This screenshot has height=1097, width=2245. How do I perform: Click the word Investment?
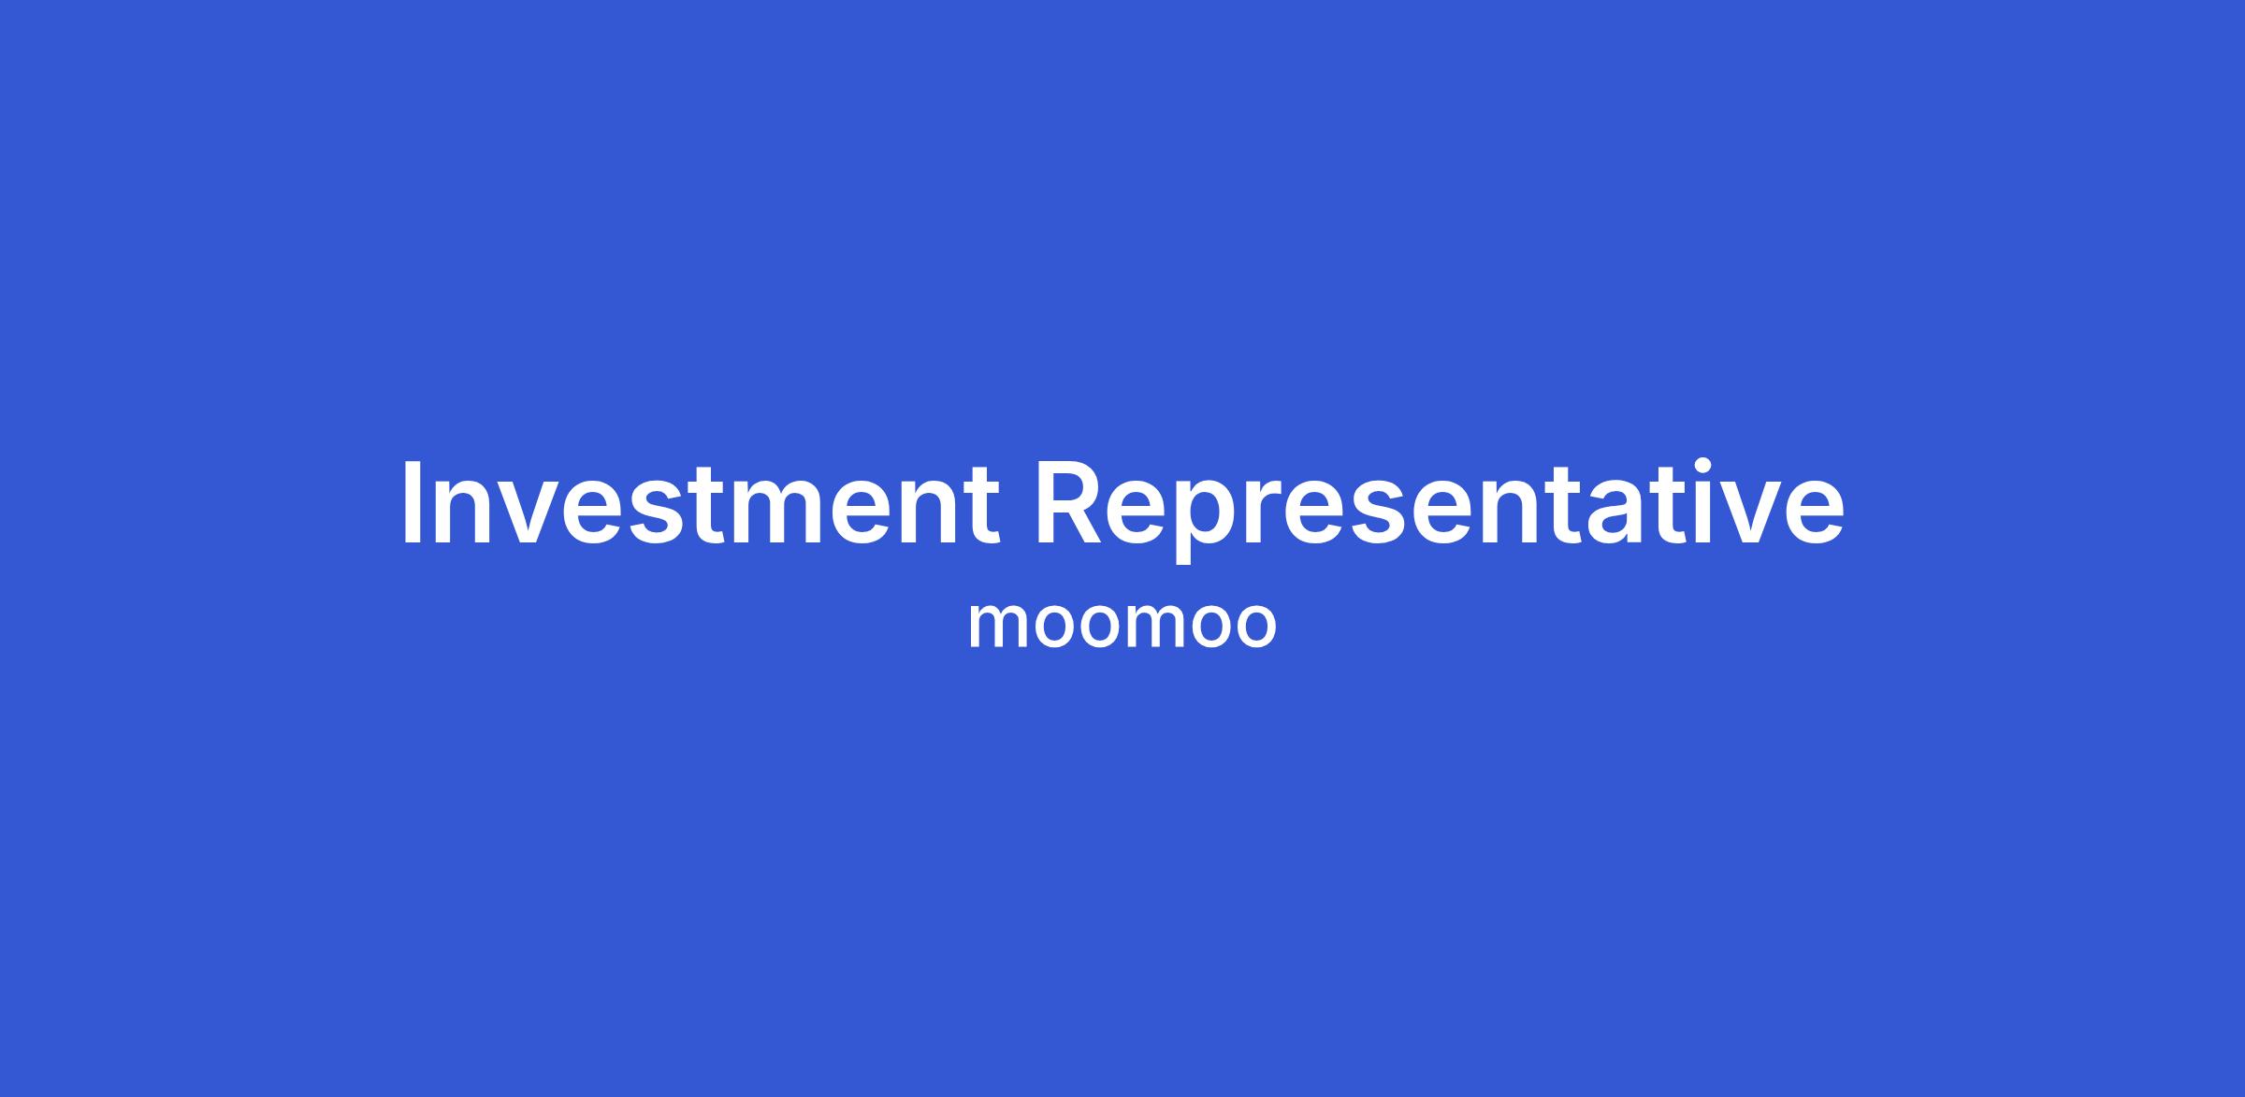[701, 503]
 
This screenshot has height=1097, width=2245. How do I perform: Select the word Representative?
[1440, 511]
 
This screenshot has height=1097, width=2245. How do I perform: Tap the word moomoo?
[1122, 624]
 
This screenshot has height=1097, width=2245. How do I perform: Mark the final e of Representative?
[1814, 513]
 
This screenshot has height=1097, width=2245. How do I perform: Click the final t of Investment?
[982, 506]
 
